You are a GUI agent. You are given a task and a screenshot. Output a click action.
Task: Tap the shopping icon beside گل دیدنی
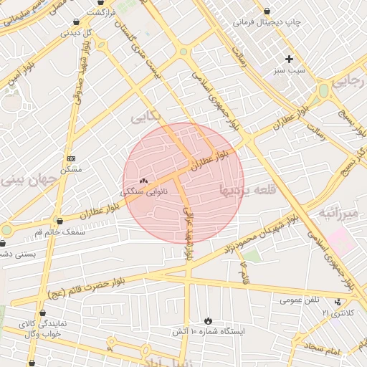[x=76, y=22]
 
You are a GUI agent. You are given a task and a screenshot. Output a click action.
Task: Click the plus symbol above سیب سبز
[x=290, y=59]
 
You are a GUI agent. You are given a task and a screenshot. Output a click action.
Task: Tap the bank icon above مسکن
[x=71, y=158]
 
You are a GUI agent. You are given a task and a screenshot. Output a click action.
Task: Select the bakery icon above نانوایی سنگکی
[x=143, y=181]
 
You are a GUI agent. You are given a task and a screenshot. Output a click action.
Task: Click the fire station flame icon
[x=208, y=320]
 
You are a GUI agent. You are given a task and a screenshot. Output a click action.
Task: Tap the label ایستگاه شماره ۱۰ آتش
[x=209, y=333]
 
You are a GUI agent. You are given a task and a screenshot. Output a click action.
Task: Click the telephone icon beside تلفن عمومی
[x=338, y=302]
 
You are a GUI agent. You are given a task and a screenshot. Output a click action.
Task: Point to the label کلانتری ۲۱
[x=338, y=313]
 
